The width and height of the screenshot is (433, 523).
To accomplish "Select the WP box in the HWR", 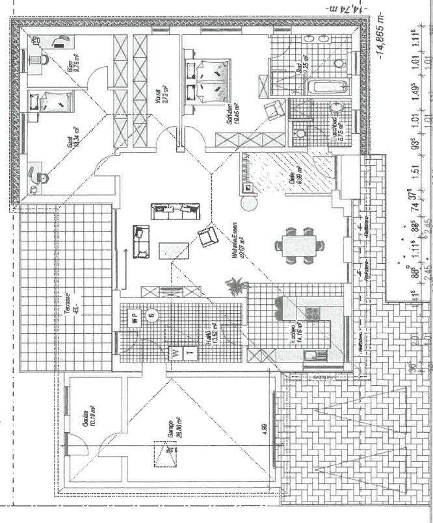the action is [134, 318].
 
